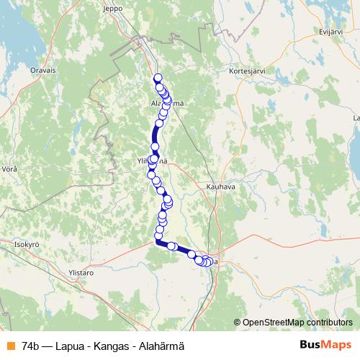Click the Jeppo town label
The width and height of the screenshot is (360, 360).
pyautogui.click(x=133, y=9)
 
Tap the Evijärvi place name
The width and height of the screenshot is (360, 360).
pyautogui.click(x=330, y=32)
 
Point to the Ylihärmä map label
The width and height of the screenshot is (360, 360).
pyautogui.click(x=153, y=161)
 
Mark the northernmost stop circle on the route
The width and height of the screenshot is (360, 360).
pyautogui.click(x=158, y=78)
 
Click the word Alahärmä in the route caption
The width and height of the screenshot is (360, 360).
pyautogui.click(x=161, y=345)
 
